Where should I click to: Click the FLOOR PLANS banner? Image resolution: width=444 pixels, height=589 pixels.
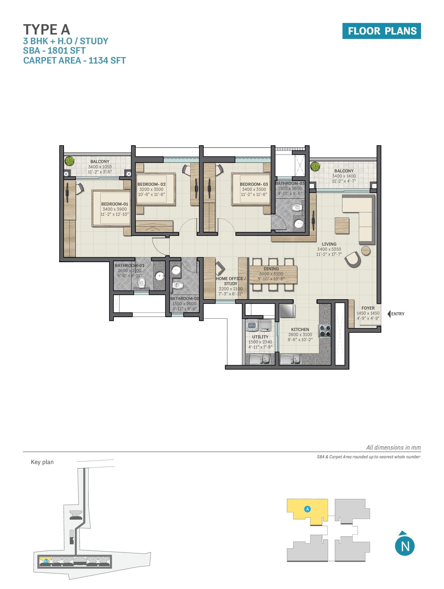pos(381,31)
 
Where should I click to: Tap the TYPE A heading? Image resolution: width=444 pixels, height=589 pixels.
pos(47,29)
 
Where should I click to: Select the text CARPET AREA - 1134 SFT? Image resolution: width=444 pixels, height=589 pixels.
pos(74,61)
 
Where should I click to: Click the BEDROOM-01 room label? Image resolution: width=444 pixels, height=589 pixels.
pos(115,204)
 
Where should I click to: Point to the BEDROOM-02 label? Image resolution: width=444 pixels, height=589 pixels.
pos(151,184)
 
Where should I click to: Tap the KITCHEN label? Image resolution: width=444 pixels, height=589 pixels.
pos(300,329)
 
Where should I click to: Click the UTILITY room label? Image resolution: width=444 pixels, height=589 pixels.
pos(260,337)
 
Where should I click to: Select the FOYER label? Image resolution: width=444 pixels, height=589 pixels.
pos(368,308)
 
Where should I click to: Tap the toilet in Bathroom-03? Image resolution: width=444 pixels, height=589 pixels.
pos(296,207)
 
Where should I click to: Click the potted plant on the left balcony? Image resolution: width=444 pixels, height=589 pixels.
pos(70,161)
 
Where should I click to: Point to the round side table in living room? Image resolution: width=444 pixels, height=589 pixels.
pos(366,251)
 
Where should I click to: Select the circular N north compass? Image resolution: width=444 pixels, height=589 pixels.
pos(405,546)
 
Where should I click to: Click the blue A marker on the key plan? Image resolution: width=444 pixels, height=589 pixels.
pos(307,509)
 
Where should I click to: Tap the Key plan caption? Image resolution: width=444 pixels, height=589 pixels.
pos(42,462)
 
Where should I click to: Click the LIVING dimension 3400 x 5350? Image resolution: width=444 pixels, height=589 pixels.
pos(329,249)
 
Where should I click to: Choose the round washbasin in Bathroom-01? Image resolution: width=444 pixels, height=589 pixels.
pos(160,276)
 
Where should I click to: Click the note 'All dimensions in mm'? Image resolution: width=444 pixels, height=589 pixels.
pos(393,447)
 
